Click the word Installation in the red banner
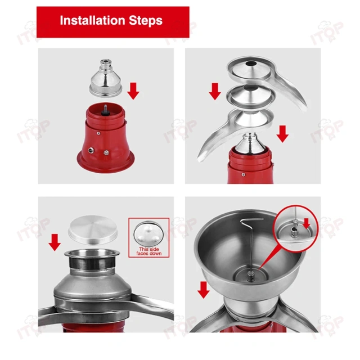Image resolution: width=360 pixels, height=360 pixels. (x=92, y=20)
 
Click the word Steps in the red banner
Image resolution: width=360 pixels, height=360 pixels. (x=146, y=20)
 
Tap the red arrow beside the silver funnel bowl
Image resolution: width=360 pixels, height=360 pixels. (x=133, y=91)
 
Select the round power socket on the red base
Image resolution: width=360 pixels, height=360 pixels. (x=91, y=150)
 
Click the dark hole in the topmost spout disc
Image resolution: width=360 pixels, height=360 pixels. (x=250, y=64)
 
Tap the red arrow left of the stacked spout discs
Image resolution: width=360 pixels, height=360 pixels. (x=215, y=91)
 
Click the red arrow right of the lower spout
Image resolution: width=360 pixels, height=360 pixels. (x=282, y=134)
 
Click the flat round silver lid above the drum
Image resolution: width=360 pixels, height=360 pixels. (x=93, y=230)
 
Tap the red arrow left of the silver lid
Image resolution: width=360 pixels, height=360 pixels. (x=55, y=242)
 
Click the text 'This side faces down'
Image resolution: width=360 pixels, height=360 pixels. (x=149, y=251)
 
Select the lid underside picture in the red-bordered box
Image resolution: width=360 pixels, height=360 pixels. (x=148, y=233)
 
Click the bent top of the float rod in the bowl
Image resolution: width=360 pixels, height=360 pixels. (x=251, y=220)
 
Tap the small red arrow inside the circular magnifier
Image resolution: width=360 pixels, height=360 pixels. (x=307, y=223)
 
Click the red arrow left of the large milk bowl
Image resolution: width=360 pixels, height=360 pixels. (x=204, y=290)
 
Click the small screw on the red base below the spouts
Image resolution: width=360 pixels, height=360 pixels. (x=244, y=175)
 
